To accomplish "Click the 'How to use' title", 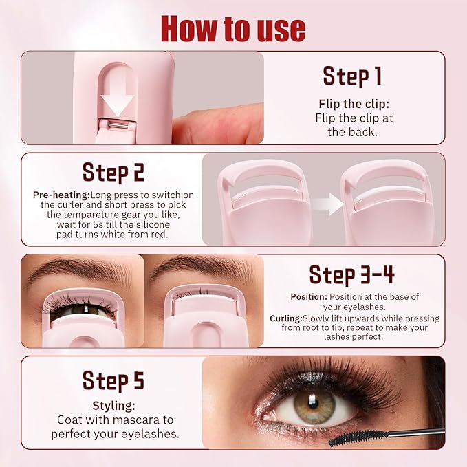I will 233,28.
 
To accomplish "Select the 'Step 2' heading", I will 113,171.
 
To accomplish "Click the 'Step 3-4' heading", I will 351,274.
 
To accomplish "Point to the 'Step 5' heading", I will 113,380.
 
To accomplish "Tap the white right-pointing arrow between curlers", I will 326,204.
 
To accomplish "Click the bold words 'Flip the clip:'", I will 353,104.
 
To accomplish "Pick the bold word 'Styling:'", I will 113,406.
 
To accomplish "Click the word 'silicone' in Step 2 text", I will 164,224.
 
